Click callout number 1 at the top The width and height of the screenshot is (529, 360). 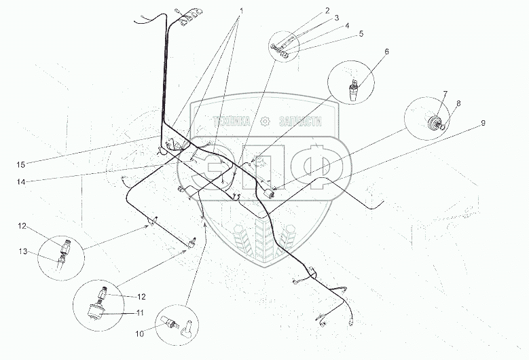click(x=241, y=11)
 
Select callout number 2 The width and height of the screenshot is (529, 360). click(x=327, y=10)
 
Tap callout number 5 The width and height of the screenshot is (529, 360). click(x=361, y=34)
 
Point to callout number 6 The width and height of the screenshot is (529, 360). click(x=386, y=52)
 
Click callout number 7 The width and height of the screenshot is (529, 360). click(x=445, y=93)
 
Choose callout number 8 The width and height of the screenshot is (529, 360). click(x=458, y=103)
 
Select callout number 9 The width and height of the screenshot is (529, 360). click(x=483, y=123)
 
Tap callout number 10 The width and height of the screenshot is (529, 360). click(x=140, y=334)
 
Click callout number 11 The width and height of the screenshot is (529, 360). click(x=140, y=312)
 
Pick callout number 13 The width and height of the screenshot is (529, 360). click(x=23, y=252)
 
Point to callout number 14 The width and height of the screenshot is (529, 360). click(x=21, y=182)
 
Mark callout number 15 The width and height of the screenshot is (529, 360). click(x=21, y=164)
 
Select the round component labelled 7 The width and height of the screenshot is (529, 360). click(x=433, y=122)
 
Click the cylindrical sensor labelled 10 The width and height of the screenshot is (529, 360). click(x=169, y=322)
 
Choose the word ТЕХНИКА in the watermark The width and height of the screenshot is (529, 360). click(x=232, y=121)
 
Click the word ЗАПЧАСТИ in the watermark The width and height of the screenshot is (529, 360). click(x=300, y=121)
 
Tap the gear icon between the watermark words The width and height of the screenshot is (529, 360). click(x=265, y=121)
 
